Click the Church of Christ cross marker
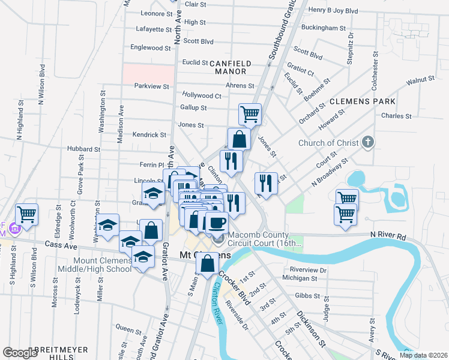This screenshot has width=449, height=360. [369, 143]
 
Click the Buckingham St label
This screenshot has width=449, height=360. [324, 28]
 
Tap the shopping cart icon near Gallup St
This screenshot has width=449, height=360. [250, 113]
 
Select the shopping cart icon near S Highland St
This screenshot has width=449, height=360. [27, 213]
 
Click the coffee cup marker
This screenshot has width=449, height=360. [217, 223]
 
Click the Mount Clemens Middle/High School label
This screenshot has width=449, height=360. [102, 265]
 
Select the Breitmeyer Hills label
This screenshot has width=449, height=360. [61, 353]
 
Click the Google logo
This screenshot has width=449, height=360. [20, 353]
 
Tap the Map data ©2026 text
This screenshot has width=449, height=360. [423, 355]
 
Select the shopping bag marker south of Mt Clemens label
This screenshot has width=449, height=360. [207, 263]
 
